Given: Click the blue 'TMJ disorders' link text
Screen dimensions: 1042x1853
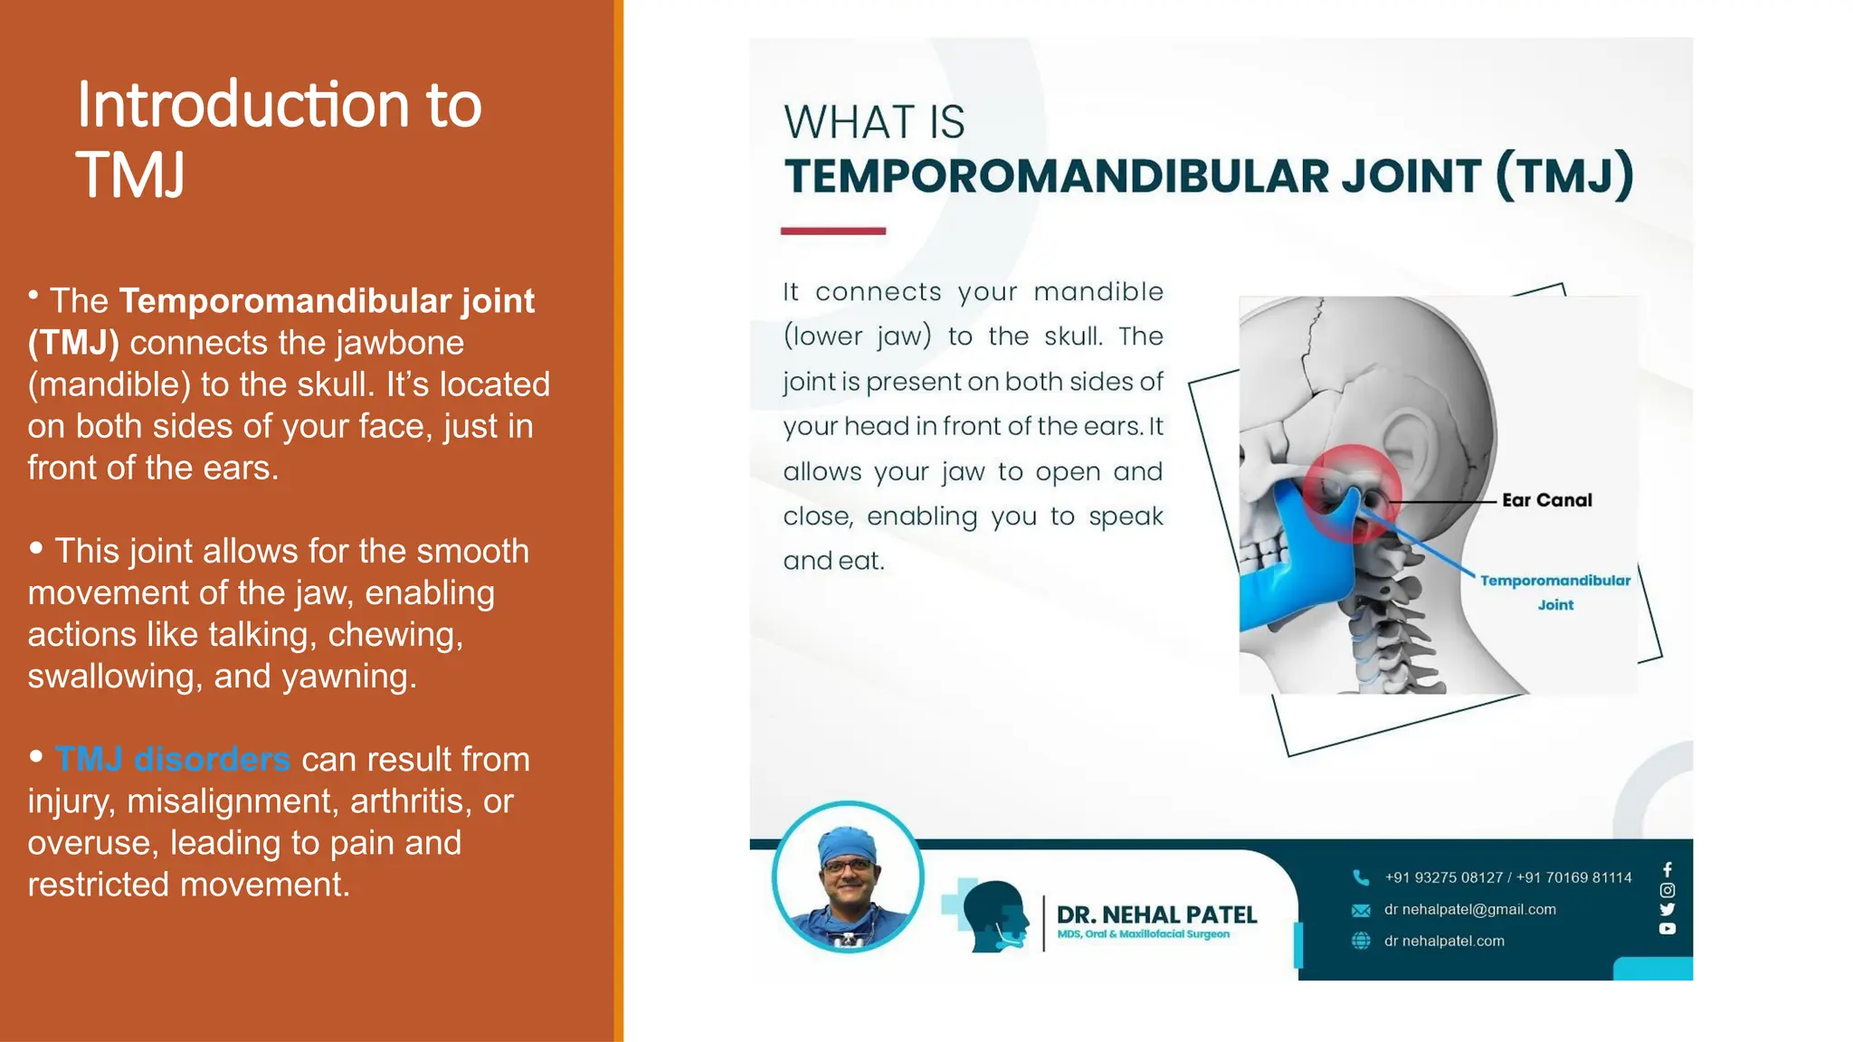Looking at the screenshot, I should (x=172, y=760).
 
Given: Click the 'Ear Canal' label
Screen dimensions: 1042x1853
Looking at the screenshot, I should (x=1546, y=500).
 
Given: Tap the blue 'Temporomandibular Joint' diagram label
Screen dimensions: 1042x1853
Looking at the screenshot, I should (x=1554, y=592).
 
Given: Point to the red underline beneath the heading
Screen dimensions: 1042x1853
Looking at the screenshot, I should (x=832, y=232).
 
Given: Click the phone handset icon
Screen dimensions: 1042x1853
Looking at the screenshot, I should (x=1361, y=877).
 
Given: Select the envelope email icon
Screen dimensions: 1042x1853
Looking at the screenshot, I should (x=1361, y=910).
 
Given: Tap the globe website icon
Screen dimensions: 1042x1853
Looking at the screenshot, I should (x=1361, y=941).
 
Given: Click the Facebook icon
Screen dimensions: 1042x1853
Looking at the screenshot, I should (x=1668, y=869).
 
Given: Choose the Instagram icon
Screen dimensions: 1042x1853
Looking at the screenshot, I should (x=1668, y=890).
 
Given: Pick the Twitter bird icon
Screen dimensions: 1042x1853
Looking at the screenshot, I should (x=1668, y=909).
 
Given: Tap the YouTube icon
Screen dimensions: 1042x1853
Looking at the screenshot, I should (x=1668, y=929).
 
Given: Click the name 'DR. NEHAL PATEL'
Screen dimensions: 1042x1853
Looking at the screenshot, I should (x=1156, y=914).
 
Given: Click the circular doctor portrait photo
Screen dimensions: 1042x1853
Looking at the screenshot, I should (x=848, y=877).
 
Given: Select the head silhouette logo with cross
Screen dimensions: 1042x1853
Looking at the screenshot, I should (x=987, y=915).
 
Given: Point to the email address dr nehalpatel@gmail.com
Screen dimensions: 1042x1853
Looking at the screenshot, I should (x=1469, y=910).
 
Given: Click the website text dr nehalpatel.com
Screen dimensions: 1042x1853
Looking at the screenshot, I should (x=1444, y=941).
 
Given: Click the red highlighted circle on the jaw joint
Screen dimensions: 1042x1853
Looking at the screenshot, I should (x=1351, y=493).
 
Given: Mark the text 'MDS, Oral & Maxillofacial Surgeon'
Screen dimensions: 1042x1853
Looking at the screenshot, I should (x=1143, y=934).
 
